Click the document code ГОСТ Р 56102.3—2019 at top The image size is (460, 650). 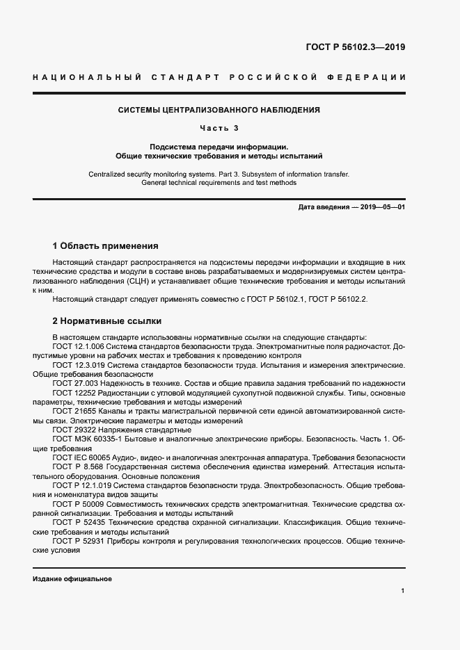(x=356, y=47)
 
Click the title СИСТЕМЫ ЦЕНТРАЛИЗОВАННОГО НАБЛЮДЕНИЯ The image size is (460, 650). (x=219, y=110)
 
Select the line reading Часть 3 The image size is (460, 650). (x=219, y=128)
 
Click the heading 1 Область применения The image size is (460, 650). (x=106, y=246)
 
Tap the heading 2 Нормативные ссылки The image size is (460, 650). (x=107, y=321)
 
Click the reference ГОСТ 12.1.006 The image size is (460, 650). (x=75, y=346)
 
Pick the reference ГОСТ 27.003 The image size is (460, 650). (x=72, y=383)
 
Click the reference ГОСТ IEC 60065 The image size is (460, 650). (x=79, y=457)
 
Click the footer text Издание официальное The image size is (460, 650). (x=72, y=578)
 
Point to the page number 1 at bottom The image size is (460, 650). (x=403, y=590)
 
